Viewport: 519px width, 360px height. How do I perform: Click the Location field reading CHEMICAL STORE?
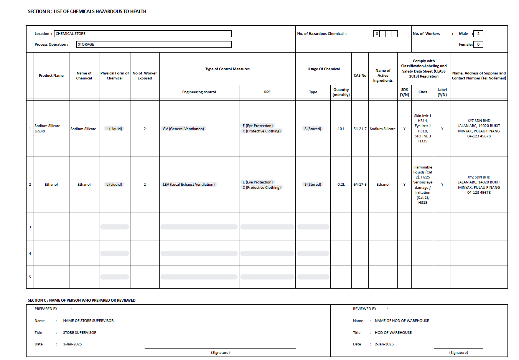click(143, 34)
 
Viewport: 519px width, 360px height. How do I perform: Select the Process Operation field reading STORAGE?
click(154, 45)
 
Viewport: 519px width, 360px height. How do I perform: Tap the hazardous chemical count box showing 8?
click(377, 34)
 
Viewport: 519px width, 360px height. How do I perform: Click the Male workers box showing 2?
click(478, 34)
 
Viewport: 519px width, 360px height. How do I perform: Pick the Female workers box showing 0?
click(478, 45)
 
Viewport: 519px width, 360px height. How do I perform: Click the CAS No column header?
click(360, 76)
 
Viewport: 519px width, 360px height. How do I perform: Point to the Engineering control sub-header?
click(199, 92)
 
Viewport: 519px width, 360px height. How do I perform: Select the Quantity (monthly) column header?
click(341, 92)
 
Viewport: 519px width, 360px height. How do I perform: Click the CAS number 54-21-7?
click(360, 129)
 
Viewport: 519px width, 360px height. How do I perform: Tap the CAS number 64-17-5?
click(360, 185)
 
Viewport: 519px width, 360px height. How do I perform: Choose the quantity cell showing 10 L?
click(341, 129)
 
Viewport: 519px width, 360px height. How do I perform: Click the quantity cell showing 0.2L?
click(341, 185)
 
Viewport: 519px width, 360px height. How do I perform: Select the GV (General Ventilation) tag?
click(183, 129)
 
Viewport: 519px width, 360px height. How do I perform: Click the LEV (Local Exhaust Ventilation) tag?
click(189, 185)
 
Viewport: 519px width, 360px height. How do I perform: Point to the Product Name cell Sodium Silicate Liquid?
click(47, 129)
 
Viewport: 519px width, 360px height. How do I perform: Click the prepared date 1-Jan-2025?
click(72, 344)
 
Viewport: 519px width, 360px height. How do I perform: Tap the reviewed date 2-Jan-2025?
click(384, 344)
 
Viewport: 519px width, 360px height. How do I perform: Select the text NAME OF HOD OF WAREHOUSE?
click(402, 321)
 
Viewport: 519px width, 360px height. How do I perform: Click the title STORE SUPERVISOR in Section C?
click(80, 333)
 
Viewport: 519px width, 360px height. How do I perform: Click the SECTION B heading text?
click(87, 12)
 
